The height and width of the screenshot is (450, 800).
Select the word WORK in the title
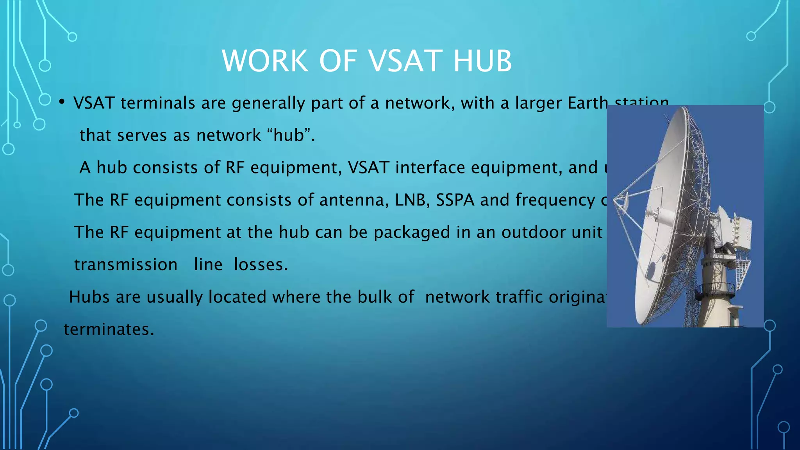click(x=265, y=61)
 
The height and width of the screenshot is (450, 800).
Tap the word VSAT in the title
click(x=402, y=61)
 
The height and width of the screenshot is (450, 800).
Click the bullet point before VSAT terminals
click(x=62, y=103)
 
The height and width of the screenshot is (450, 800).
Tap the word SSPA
click(x=455, y=200)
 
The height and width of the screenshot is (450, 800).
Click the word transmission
click(x=126, y=265)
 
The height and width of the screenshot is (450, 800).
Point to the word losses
click(x=261, y=265)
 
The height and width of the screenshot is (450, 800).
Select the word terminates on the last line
click(x=109, y=329)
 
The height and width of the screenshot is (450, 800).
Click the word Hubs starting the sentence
click(x=89, y=297)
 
